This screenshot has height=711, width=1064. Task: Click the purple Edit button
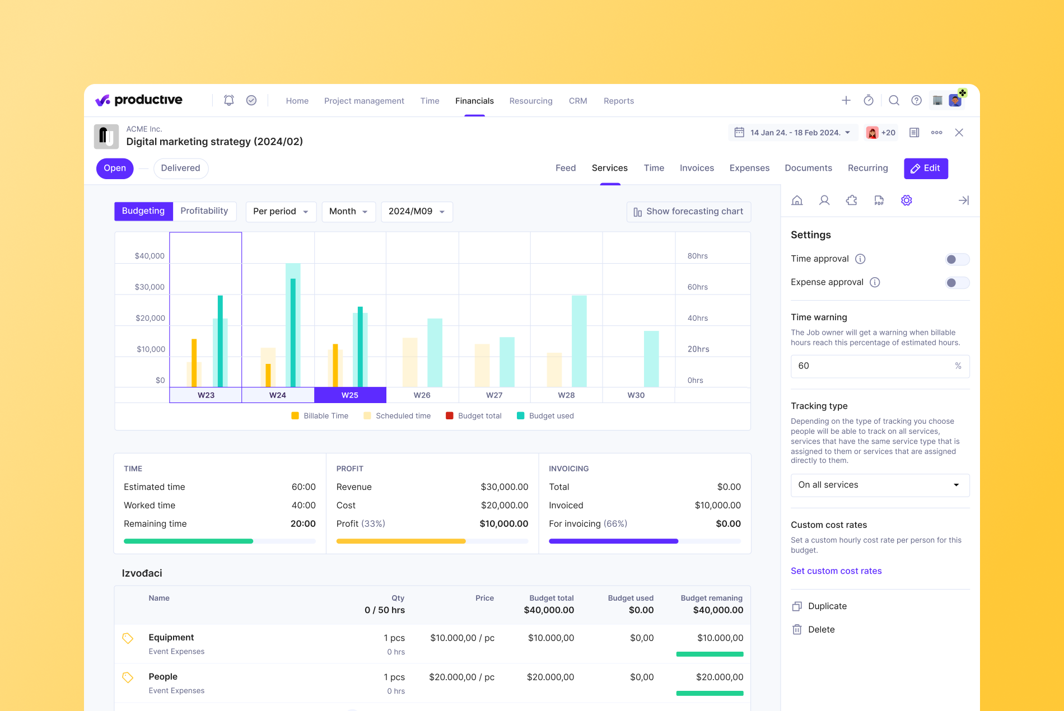click(926, 169)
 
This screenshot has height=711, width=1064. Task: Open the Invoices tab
click(697, 168)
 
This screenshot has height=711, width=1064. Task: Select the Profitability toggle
click(204, 211)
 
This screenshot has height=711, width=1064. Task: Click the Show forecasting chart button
click(688, 212)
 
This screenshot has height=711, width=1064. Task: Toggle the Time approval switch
click(956, 259)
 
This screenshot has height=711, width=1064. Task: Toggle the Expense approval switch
click(956, 283)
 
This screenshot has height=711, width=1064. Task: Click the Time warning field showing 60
click(874, 366)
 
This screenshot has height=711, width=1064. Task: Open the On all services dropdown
click(879, 485)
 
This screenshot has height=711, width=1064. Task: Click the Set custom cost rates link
click(836, 571)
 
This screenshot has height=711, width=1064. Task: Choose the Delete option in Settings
click(821, 630)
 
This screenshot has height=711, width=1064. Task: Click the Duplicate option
click(827, 606)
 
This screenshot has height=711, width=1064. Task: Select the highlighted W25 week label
click(350, 395)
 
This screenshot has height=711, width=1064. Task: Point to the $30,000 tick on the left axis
click(150, 287)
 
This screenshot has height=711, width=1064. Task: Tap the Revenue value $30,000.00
click(504, 487)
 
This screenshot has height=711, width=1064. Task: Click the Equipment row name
click(171, 638)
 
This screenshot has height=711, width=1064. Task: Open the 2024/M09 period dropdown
click(416, 212)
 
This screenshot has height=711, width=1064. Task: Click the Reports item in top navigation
click(618, 101)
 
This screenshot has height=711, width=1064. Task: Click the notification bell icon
click(228, 100)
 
